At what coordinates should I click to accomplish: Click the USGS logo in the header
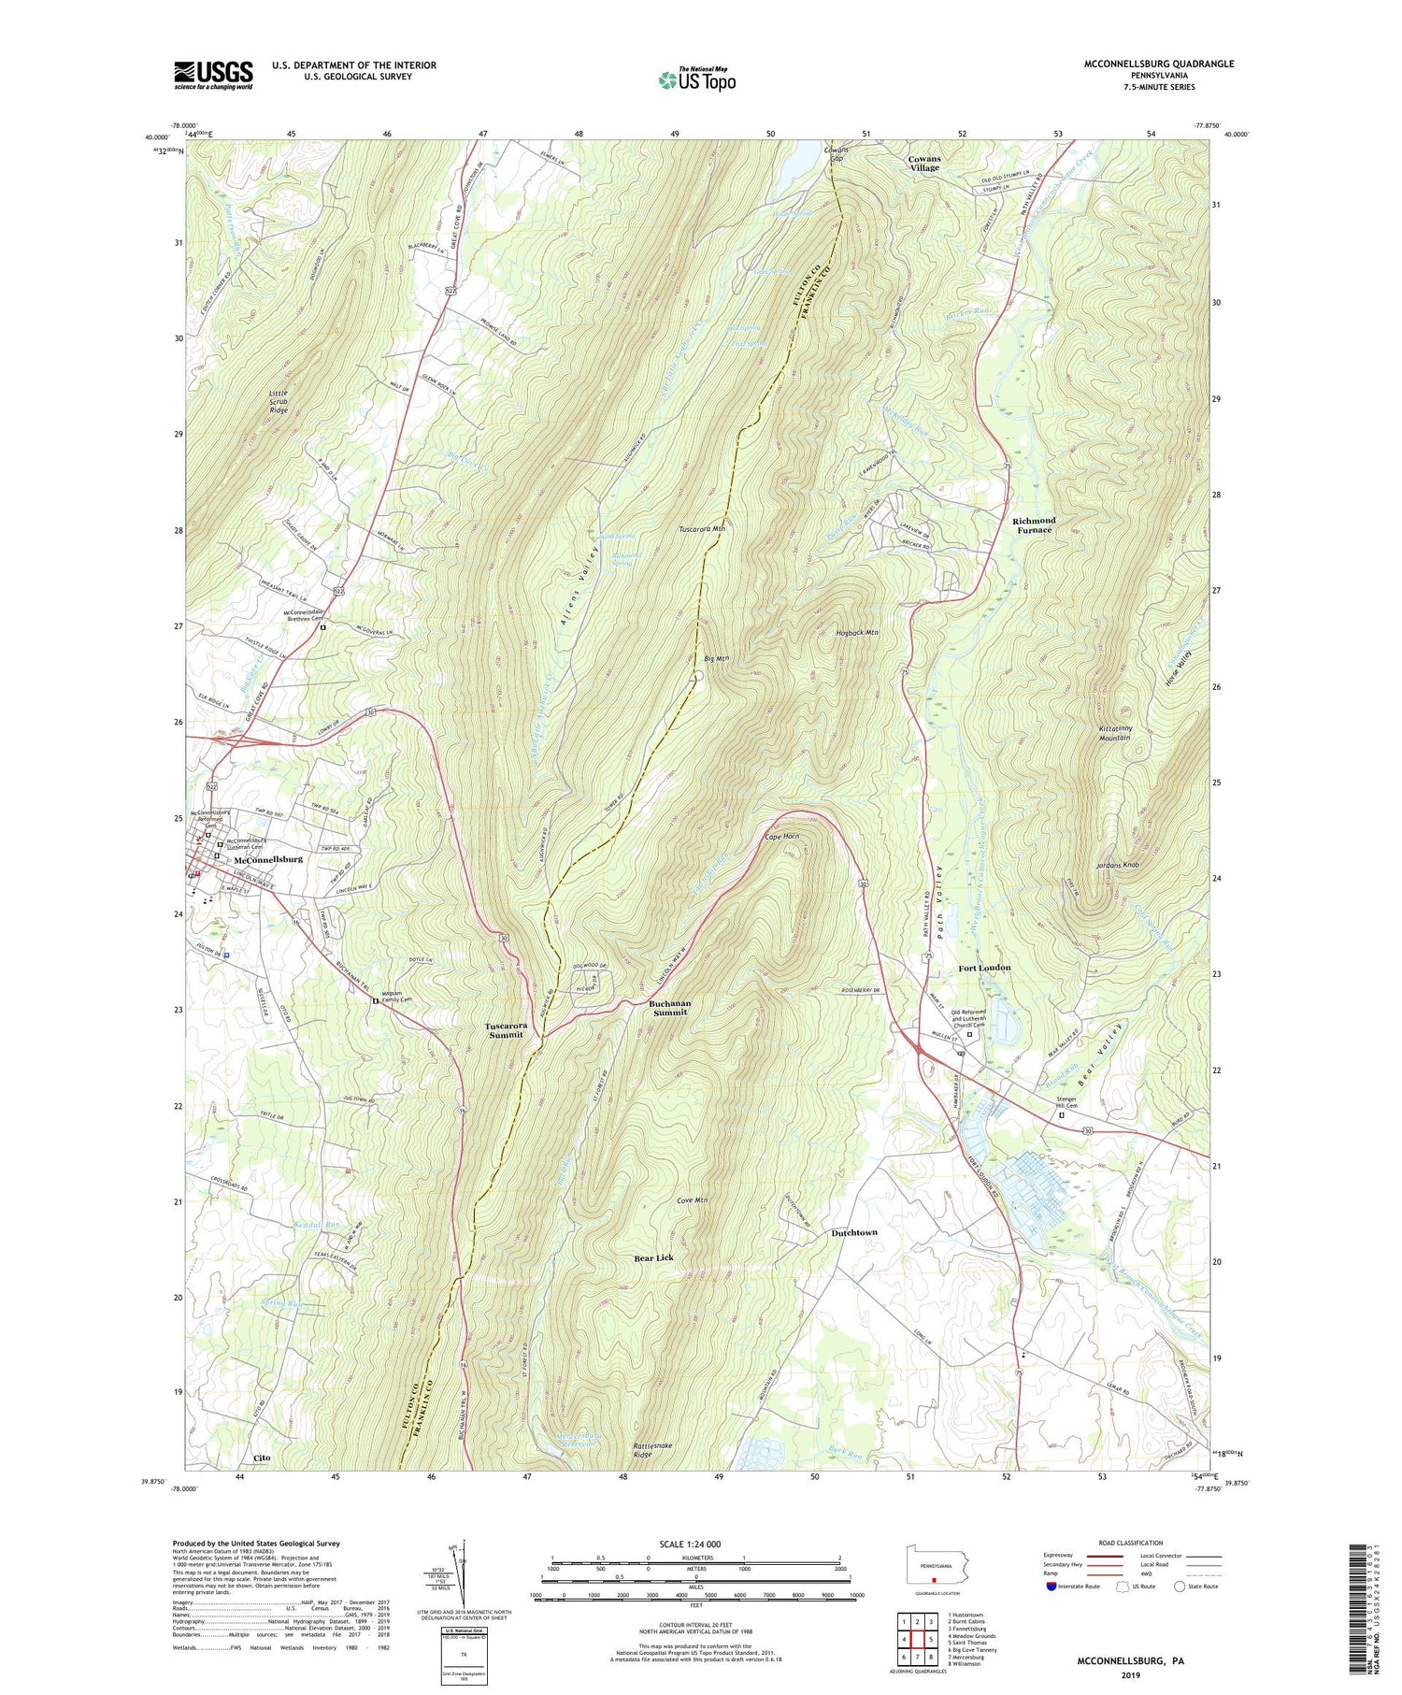213,75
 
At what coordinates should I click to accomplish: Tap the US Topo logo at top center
696,79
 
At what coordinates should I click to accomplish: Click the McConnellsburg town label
268,859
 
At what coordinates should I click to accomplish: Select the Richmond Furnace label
1034,525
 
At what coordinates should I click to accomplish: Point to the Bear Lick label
653,1258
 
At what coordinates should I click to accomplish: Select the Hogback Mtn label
857,633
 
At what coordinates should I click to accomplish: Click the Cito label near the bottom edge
262,1458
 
